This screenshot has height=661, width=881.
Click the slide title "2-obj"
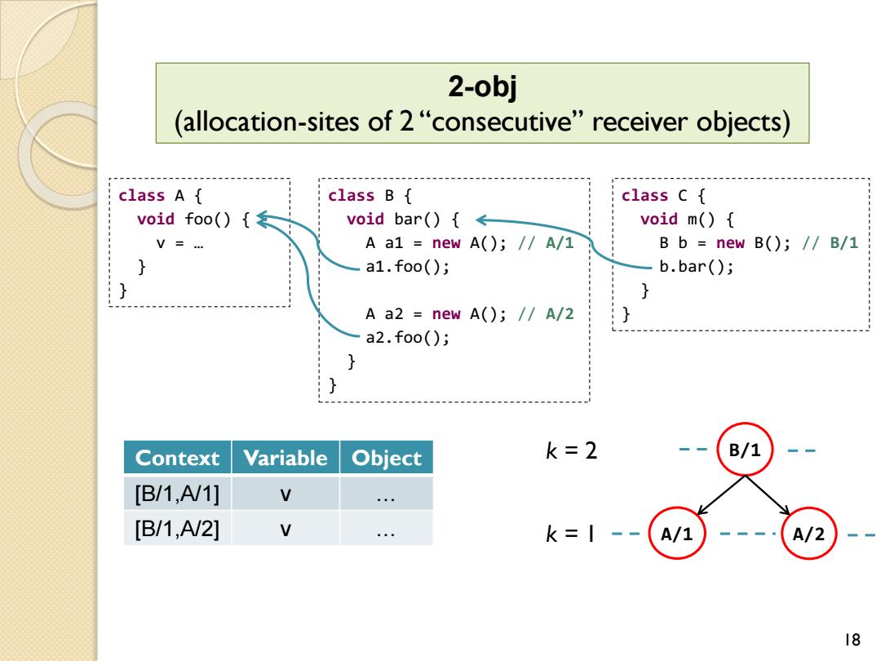pos(482,87)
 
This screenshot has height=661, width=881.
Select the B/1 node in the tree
pos(745,450)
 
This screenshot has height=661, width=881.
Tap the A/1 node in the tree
pos(677,533)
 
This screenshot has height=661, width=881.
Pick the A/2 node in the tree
pos(809,533)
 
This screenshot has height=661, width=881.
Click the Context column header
pos(178,458)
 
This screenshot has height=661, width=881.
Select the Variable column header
pos(286,458)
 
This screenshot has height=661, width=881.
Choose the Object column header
pos(387,458)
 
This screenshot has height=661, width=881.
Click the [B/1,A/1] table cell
pos(178,494)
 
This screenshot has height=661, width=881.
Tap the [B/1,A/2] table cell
pos(178,528)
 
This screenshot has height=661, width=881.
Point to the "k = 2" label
pos(571,450)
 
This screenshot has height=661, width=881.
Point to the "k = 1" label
pos(569,534)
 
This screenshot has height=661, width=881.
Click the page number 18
pos(852,640)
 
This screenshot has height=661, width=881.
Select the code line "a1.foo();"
pos(407,266)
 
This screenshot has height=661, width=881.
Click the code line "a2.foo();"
pos(407,337)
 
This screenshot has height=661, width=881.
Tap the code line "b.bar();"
pos(696,266)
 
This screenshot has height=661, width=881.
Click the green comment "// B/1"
pos(830,243)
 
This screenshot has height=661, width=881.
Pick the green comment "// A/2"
pos(546,313)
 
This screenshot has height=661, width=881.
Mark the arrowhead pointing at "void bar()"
pos(480,220)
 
